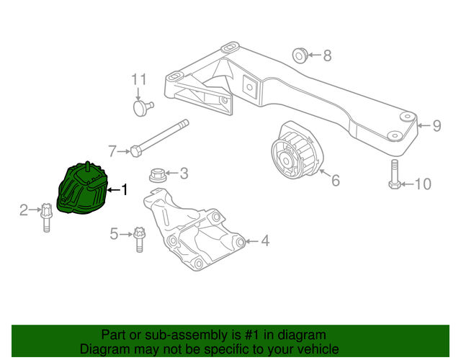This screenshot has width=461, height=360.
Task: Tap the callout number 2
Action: pos(24,210)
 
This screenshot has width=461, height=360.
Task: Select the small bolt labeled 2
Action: pos(46,217)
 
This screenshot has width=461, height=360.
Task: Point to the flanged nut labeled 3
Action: pos(156,174)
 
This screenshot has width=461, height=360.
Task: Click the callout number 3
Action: pos(184,174)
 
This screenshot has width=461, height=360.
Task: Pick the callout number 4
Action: pos(264,241)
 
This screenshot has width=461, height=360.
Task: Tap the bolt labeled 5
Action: pos(139,239)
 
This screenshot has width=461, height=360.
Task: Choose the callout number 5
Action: pos(114,234)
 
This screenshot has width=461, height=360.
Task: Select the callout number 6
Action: pos(335,180)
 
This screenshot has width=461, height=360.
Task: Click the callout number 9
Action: pos(437,127)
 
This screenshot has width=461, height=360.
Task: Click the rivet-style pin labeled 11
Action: pos(143,108)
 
